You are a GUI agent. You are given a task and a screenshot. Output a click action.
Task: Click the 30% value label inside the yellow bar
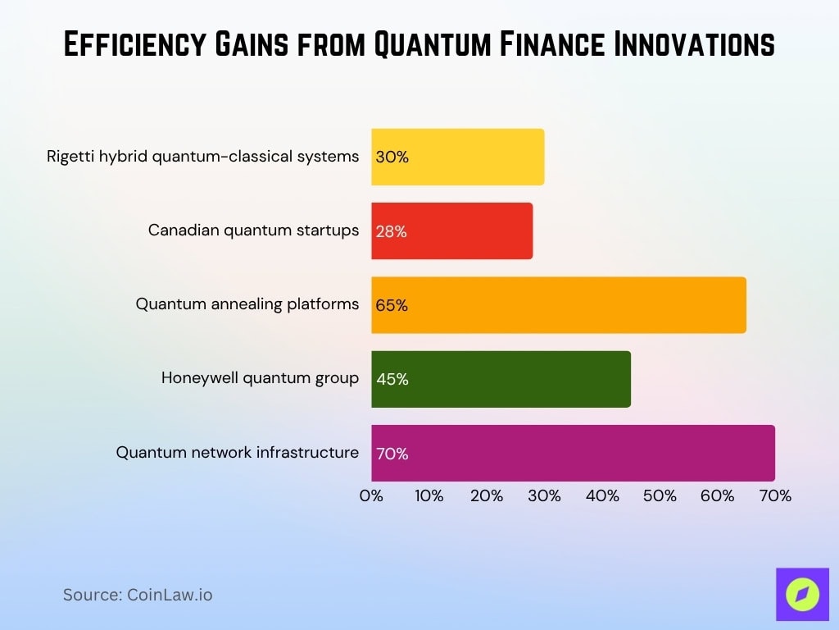[x=392, y=157]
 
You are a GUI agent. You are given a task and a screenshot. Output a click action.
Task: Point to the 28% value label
[x=391, y=231]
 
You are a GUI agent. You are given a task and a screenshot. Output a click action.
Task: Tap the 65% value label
[x=392, y=305]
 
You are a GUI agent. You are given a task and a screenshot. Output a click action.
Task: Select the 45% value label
[x=392, y=379]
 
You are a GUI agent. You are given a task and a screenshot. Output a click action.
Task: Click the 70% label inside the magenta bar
[x=392, y=453]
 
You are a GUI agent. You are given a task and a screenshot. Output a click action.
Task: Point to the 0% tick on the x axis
[x=371, y=495]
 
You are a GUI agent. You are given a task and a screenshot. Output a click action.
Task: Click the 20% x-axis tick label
[x=487, y=495]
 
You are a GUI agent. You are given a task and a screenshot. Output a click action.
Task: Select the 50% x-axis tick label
[x=660, y=495]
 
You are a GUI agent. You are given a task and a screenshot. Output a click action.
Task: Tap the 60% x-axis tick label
[x=717, y=495]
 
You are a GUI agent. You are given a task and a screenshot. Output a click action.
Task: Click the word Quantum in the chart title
[x=437, y=45]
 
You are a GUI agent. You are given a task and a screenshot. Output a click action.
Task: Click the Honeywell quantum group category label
[x=260, y=378]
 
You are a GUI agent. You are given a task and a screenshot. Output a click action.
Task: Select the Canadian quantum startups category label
[x=253, y=231]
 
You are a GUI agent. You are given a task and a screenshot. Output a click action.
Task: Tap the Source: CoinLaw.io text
[x=138, y=595]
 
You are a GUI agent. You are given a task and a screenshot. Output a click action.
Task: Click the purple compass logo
[x=802, y=595]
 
